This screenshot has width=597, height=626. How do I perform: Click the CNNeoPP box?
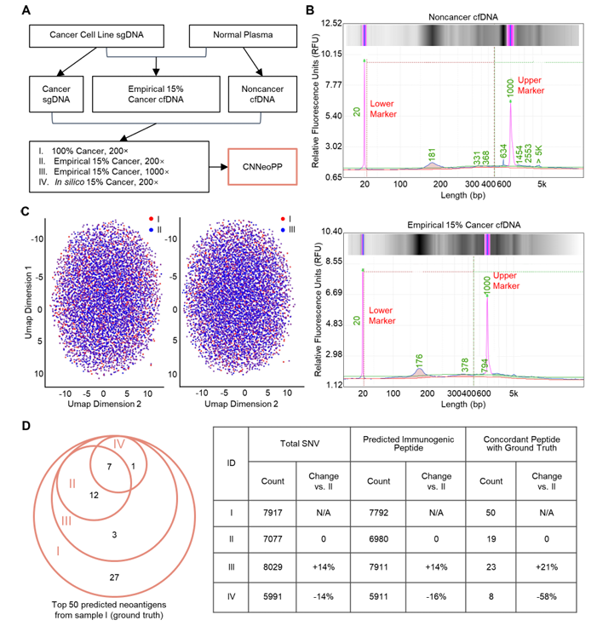[262, 167]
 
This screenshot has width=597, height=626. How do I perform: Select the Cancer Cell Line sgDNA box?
[96, 36]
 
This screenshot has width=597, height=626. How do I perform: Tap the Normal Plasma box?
[243, 36]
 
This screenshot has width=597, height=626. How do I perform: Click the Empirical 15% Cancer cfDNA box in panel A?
[156, 95]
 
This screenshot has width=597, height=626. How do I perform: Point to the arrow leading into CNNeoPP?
[218, 167]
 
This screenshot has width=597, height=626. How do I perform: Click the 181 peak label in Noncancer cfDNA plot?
[432, 154]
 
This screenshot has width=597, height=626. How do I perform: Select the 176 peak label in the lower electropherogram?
[419, 360]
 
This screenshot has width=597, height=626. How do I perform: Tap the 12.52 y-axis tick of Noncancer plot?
[331, 23]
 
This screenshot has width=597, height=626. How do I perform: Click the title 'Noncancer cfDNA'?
[462, 17]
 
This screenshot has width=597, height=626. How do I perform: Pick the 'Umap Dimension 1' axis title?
[28, 302]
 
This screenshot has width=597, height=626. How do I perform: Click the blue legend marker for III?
[283, 230]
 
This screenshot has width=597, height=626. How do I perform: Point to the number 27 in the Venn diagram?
[114, 577]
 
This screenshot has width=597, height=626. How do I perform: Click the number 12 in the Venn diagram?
[94, 495]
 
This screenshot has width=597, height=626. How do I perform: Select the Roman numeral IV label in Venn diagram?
[119, 444]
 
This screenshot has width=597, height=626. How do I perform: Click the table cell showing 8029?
[273, 567]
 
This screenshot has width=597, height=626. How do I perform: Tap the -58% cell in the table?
[546, 596]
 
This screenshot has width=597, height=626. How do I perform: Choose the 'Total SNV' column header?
[300, 444]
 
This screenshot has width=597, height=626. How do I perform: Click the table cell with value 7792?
[378, 513]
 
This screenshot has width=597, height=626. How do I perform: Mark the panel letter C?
[26, 211]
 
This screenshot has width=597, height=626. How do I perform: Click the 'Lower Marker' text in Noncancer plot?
[383, 109]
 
